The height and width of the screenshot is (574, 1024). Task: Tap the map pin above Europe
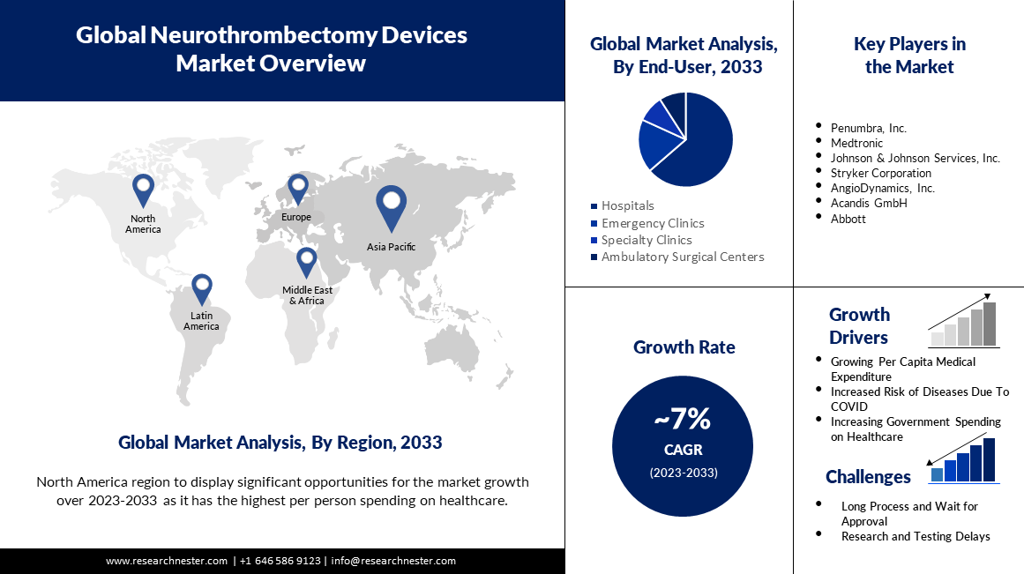(x=298, y=189)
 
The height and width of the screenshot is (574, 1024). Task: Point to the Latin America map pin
(x=203, y=287)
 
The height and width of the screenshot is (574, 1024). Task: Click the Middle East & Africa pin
(x=306, y=261)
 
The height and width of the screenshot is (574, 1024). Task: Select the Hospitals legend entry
(x=627, y=205)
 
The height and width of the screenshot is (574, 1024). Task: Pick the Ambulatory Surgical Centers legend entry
(x=682, y=257)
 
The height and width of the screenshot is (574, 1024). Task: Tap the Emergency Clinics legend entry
(x=652, y=223)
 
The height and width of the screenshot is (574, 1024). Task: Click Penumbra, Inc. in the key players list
(x=868, y=128)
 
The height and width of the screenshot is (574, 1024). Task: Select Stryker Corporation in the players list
(x=880, y=173)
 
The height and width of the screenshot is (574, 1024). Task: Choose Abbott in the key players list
(x=848, y=219)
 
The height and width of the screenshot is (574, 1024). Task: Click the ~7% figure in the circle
(x=683, y=420)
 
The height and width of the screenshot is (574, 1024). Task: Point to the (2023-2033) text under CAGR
(x=684, y=473)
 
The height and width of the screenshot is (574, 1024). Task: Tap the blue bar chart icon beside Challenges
(x=963, y=460)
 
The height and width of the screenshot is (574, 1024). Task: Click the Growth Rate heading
(x=684, y=347)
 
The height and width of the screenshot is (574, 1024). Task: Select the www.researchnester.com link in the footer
(x=167, y=561)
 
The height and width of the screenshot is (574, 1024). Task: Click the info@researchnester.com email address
(x=393, y=561)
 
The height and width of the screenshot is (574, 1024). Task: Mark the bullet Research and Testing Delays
(x=915, y=536)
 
